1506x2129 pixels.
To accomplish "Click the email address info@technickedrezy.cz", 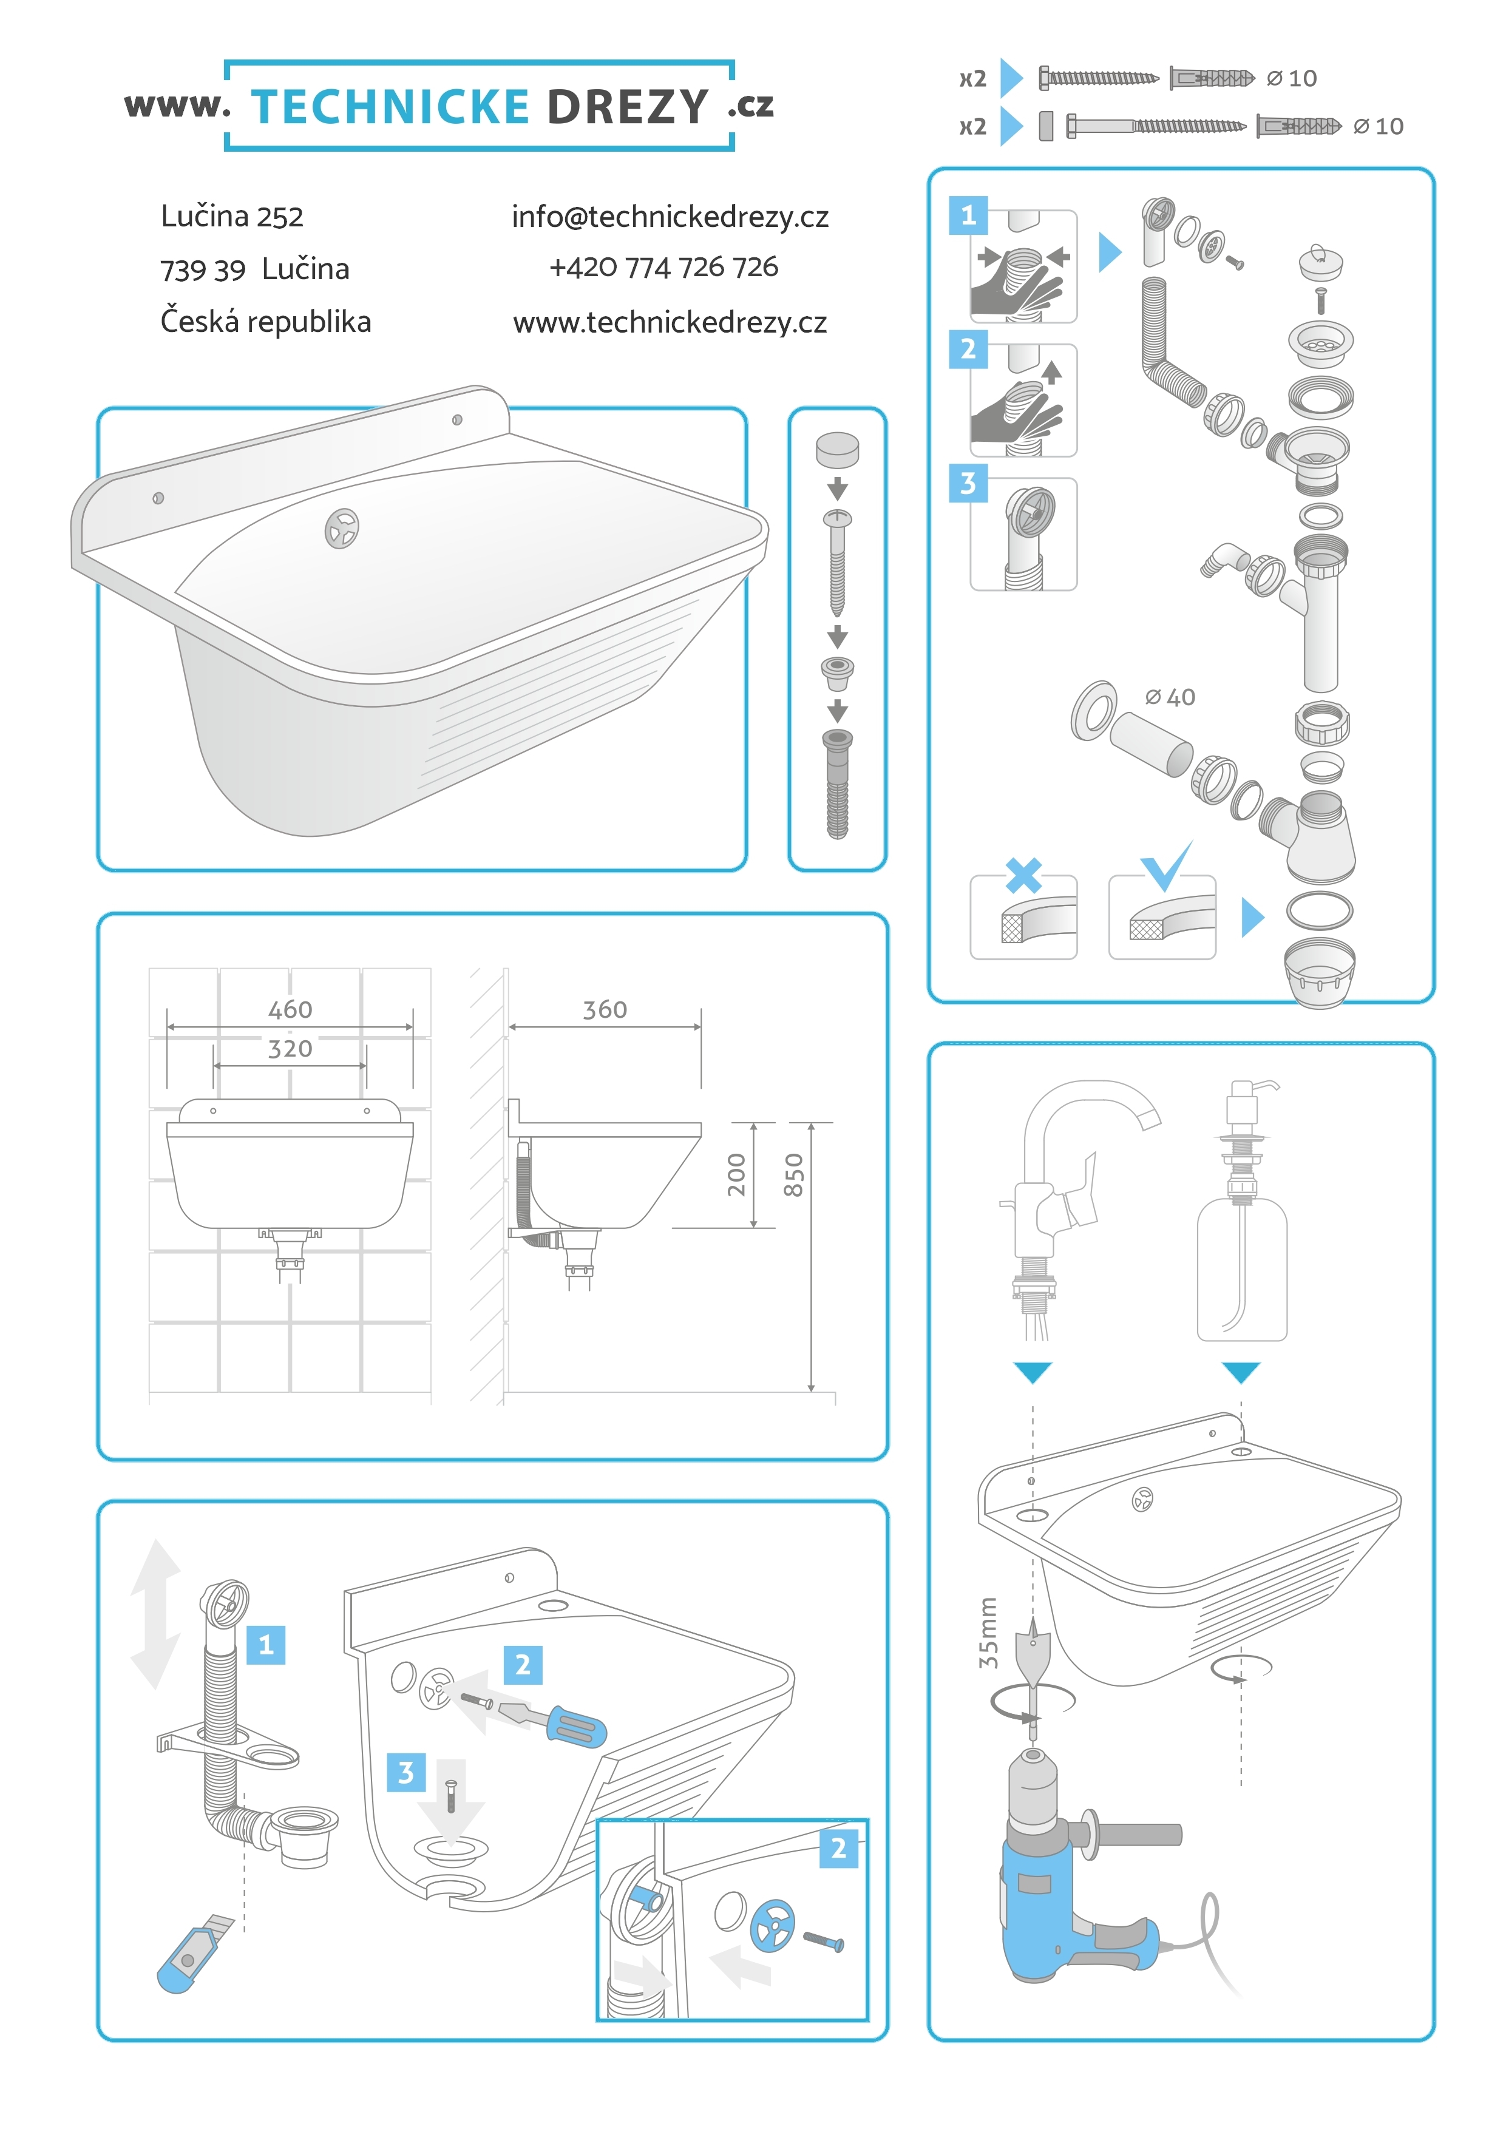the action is pyautogui.click(x=670, y=217).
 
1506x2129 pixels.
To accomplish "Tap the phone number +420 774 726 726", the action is pyautogui.click(x=664, y=267).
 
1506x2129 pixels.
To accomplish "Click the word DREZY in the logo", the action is pyautogui.click(x=628, y=107).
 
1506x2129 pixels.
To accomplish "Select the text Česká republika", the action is pyautogui.click(x=265, y=321).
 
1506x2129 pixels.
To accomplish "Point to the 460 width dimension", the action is pyautogui.click(x=290, y=1010).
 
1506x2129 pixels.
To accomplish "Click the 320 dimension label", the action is pyautogui.click(x=290, y=1049).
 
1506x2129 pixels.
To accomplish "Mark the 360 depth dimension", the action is pyautogui.click(x=605, y=1010).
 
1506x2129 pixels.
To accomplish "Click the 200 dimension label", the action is pyautogui.click(x=736, y=1175).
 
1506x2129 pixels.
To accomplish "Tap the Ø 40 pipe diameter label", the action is pyautogui.click(x=1170, y=697).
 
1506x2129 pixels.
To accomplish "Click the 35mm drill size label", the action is pyautogui.click(x=989, y=1633).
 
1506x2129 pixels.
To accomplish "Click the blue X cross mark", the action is pyautogui.click(x=1024, y=875).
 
